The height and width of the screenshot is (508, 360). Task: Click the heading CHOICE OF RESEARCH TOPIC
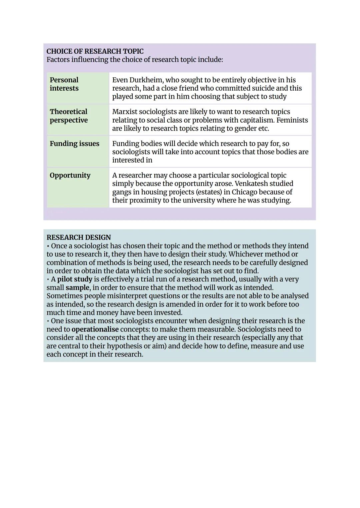coord(95,51)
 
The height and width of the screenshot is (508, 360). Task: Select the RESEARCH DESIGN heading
coord(79,238)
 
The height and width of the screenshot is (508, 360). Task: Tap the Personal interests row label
coord(64,84)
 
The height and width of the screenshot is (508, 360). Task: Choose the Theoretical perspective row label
coord(69,116)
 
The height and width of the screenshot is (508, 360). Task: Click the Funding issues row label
coord(74,144)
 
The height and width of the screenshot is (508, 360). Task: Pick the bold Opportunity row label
coord(70,175)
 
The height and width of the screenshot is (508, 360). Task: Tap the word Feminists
coord(292,120)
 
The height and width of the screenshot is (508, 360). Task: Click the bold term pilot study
coord(75,279)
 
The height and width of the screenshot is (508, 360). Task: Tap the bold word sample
coord(77,287)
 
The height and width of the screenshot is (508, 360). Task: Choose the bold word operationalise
coord(95,329)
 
